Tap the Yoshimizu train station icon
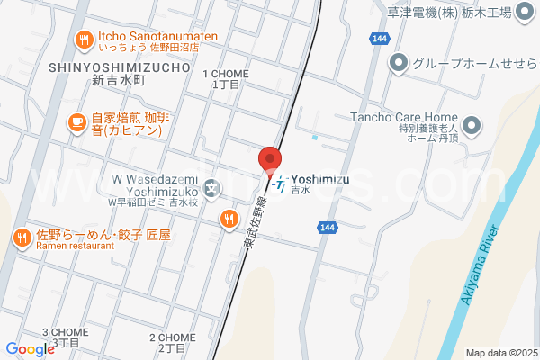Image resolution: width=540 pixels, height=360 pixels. (282, 185)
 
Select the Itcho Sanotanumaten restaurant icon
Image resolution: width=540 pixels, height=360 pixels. (84, 39)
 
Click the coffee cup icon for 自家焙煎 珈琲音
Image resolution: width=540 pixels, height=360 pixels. (76, 121)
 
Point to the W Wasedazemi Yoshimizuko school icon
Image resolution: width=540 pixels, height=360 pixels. (211, 188)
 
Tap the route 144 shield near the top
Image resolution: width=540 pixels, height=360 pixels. (380, 38)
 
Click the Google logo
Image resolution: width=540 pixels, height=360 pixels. (30, 349)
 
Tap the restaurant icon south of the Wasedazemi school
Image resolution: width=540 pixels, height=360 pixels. (229, 218)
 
